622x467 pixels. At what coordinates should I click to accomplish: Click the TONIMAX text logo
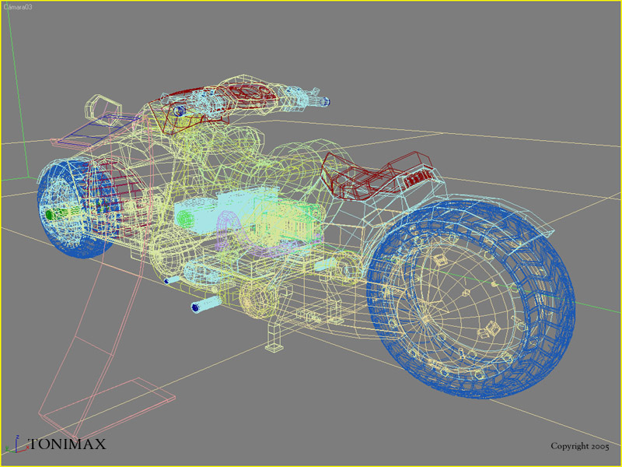click(68, 444)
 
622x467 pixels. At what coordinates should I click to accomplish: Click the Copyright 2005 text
click(579, 446)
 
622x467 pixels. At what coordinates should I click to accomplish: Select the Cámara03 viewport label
click(18, 7)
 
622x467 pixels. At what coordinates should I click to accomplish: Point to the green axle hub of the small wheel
click(50, 215)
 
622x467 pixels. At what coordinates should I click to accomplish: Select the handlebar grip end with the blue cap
click(324, 101)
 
